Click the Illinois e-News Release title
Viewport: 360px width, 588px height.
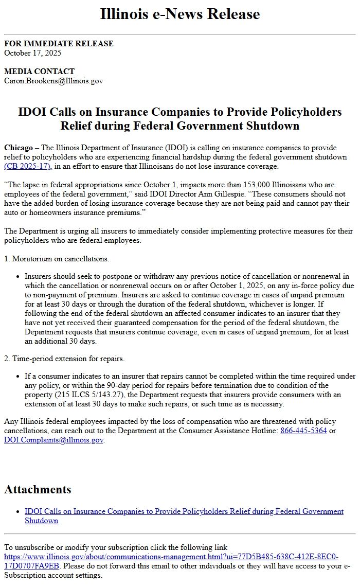[x=180, y=14]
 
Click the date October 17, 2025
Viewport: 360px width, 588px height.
[x=33, y=52]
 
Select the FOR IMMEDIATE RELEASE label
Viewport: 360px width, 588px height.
[x=59, y=44]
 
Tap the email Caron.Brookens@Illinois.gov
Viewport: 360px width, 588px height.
[x=53, y=81]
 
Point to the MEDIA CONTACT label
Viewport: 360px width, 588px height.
[x=39, y=72]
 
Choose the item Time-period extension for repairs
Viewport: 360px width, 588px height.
[x=64, y=359]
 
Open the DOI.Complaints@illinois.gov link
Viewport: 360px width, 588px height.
[x=53, y=440]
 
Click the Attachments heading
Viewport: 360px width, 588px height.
[x=38, y=489]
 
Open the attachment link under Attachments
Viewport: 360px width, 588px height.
[x=184, y=511]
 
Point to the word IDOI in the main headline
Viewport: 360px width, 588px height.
[x=33, y=112]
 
